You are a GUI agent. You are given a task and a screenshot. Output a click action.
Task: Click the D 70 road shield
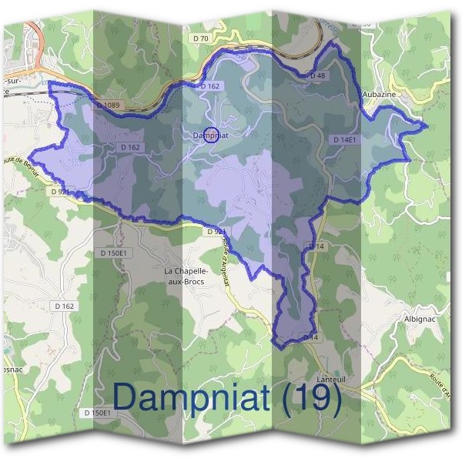coord(202,38)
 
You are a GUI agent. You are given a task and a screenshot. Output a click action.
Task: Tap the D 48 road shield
coord(317,76)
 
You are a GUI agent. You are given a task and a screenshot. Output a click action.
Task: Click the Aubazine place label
coord(380,93)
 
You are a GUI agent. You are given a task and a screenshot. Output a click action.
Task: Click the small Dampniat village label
coord(212,135)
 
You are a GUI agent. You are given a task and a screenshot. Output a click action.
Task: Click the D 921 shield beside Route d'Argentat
coord(216,231)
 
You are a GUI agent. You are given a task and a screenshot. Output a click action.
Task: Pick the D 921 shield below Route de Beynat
coord(61,191)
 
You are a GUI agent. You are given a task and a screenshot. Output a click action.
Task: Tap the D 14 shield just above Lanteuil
coord(310,337)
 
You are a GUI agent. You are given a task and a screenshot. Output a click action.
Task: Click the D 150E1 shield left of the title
coord(97,413)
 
